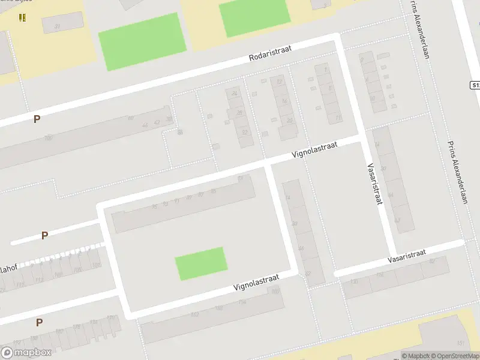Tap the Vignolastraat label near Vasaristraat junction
314,149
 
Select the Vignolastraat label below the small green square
256,283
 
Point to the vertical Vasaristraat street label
374,184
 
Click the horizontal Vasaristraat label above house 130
406,256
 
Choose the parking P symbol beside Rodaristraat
37,119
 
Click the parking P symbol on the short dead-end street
44,235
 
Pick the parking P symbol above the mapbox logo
39,322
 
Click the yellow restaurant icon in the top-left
22,17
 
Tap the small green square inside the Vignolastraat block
201,263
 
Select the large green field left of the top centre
140,41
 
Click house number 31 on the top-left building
58,26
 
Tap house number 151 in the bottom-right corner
461,343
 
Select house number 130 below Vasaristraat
353,281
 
